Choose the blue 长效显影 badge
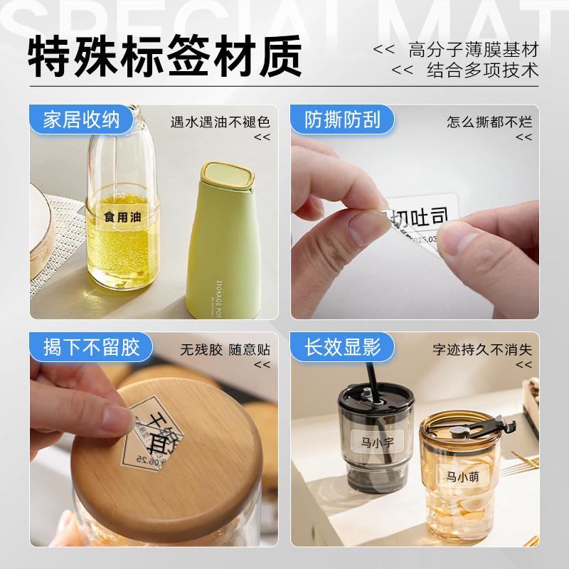pyautogui.click(x=343, y=347)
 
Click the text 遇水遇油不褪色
pyautogui.click(x=220, y=122)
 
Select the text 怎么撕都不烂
pyautogui.click(x=489, y=122)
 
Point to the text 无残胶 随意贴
pyautogui.click(x=225, y=349)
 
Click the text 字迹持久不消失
pyautogui.click(x=482, y=349)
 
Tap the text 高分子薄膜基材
pyautogui.click(x=474, y=50)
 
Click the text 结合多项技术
pyautogui.click(x=482, y=70)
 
